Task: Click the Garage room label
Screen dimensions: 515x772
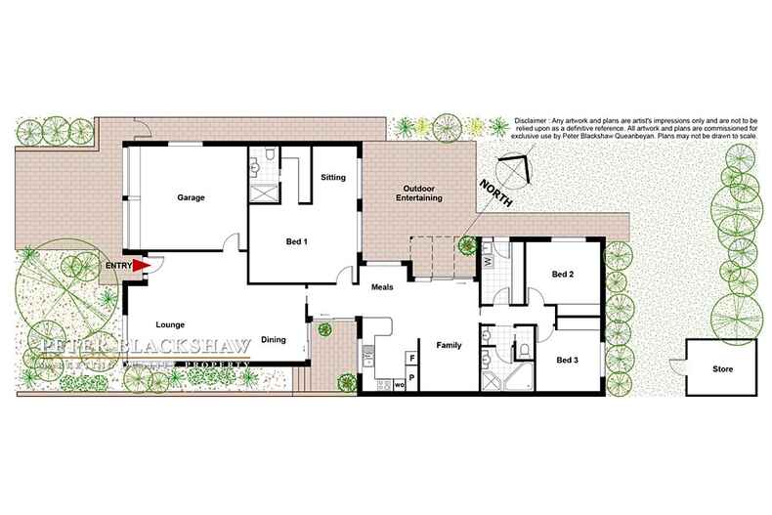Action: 191,197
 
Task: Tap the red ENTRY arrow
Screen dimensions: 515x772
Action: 141,264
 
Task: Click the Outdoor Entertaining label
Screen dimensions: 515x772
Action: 410,193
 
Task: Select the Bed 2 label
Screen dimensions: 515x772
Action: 562,275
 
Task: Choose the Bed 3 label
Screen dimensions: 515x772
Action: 568,361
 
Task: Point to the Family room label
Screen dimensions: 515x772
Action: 449,345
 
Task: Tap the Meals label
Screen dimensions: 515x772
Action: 382,287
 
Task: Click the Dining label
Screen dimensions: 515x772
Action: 273,339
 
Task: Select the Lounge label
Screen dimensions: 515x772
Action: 170,324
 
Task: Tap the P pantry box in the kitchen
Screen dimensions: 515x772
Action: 412,376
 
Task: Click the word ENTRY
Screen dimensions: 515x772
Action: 117,264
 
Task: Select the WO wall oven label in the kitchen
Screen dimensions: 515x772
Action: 401,386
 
